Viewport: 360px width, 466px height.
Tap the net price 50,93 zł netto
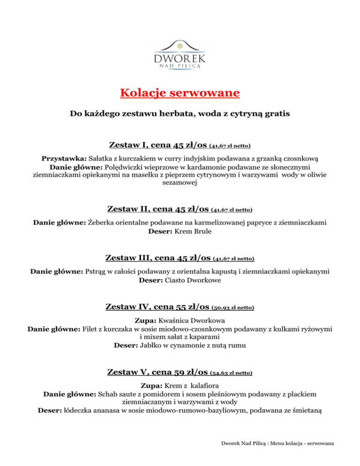[x=233, y=308]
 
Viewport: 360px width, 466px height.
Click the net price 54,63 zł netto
[x=232, y=374]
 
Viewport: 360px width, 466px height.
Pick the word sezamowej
[x=180, y=184]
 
